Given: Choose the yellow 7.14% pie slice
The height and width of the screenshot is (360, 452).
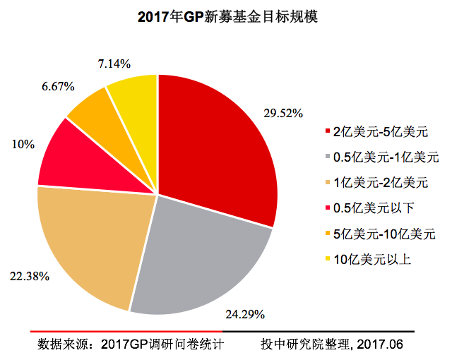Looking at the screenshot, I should tap(134, 99).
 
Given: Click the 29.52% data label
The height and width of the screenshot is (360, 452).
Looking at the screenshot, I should tap(283, 113).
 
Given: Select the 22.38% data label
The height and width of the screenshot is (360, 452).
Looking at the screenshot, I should tap(29, 275).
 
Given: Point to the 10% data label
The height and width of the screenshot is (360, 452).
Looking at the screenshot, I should tap(23, 144).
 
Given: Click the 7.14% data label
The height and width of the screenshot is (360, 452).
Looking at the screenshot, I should tap(112, 64).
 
